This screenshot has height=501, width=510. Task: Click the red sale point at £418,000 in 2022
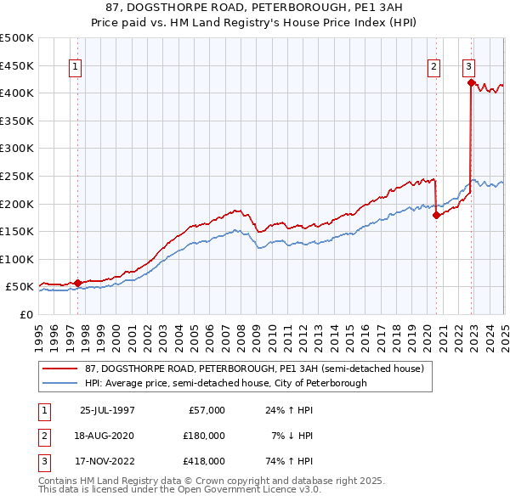tap(470, 82)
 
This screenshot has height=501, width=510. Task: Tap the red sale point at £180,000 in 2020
tap(436, 215)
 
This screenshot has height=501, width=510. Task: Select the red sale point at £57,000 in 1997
tap(77, 283)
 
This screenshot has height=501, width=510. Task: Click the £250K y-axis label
tap(17, 176)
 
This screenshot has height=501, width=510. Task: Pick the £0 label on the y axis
tap(26, 314)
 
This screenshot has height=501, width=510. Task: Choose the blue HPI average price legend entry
tap(225, 383)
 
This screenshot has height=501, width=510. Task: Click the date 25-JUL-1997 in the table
tap(107, 410)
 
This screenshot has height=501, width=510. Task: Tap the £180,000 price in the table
tap(204, 436)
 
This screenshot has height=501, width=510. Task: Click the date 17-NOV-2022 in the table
tap(107, 461)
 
